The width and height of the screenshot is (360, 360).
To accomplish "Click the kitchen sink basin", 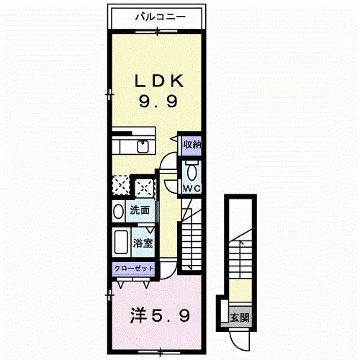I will [x=142, y=148].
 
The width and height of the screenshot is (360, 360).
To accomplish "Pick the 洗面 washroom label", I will [x=140, y=211].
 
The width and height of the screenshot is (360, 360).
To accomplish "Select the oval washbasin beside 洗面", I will [x=118, y=212].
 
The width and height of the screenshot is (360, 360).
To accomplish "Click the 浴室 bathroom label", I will [x=143, y=243].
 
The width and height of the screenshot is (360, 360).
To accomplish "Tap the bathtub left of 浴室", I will [x=120, y=241].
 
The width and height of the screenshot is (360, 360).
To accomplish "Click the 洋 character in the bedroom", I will [x=138, y=315].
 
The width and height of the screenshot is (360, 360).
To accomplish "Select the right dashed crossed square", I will [x=145, y=187].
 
